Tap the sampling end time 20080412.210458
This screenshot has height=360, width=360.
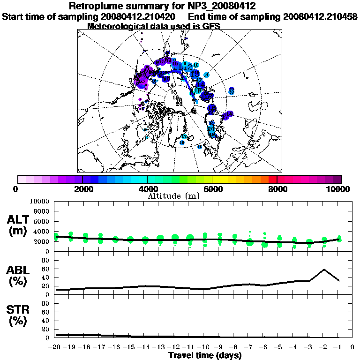[320, 16]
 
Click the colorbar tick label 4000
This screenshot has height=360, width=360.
[147, 189]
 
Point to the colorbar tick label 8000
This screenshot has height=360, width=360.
[277, 189]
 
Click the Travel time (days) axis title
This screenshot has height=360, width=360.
[205, 356]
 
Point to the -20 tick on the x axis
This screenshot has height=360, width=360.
[54, 347]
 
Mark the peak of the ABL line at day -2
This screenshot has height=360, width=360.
[323, 270]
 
